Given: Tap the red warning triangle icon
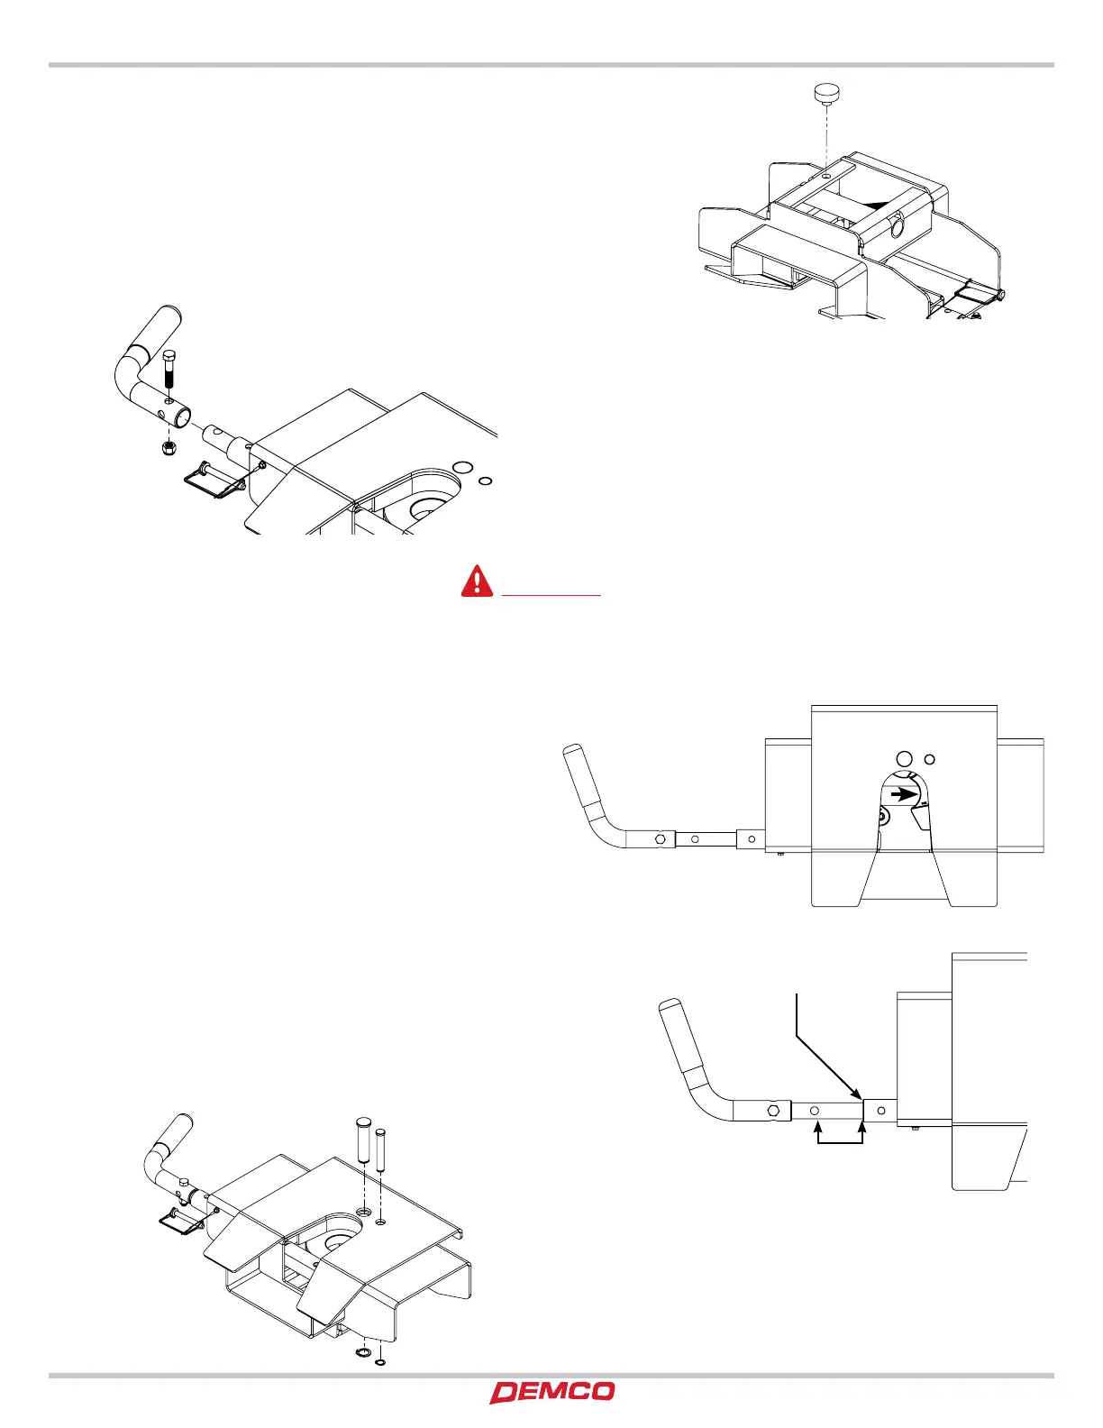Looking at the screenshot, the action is [477, 581].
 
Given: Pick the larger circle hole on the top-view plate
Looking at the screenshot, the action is [907, 759].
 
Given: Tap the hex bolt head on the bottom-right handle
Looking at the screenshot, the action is [773, 1110].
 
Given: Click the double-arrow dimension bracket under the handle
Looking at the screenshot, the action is [840, 1138].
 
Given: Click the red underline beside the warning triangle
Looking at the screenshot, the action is [551, 595].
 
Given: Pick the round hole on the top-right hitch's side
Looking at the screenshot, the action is [897, 228].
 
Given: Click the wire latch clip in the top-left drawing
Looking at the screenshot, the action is [213, 478].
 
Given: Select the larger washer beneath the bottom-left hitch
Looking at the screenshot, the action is [365, 1356].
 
